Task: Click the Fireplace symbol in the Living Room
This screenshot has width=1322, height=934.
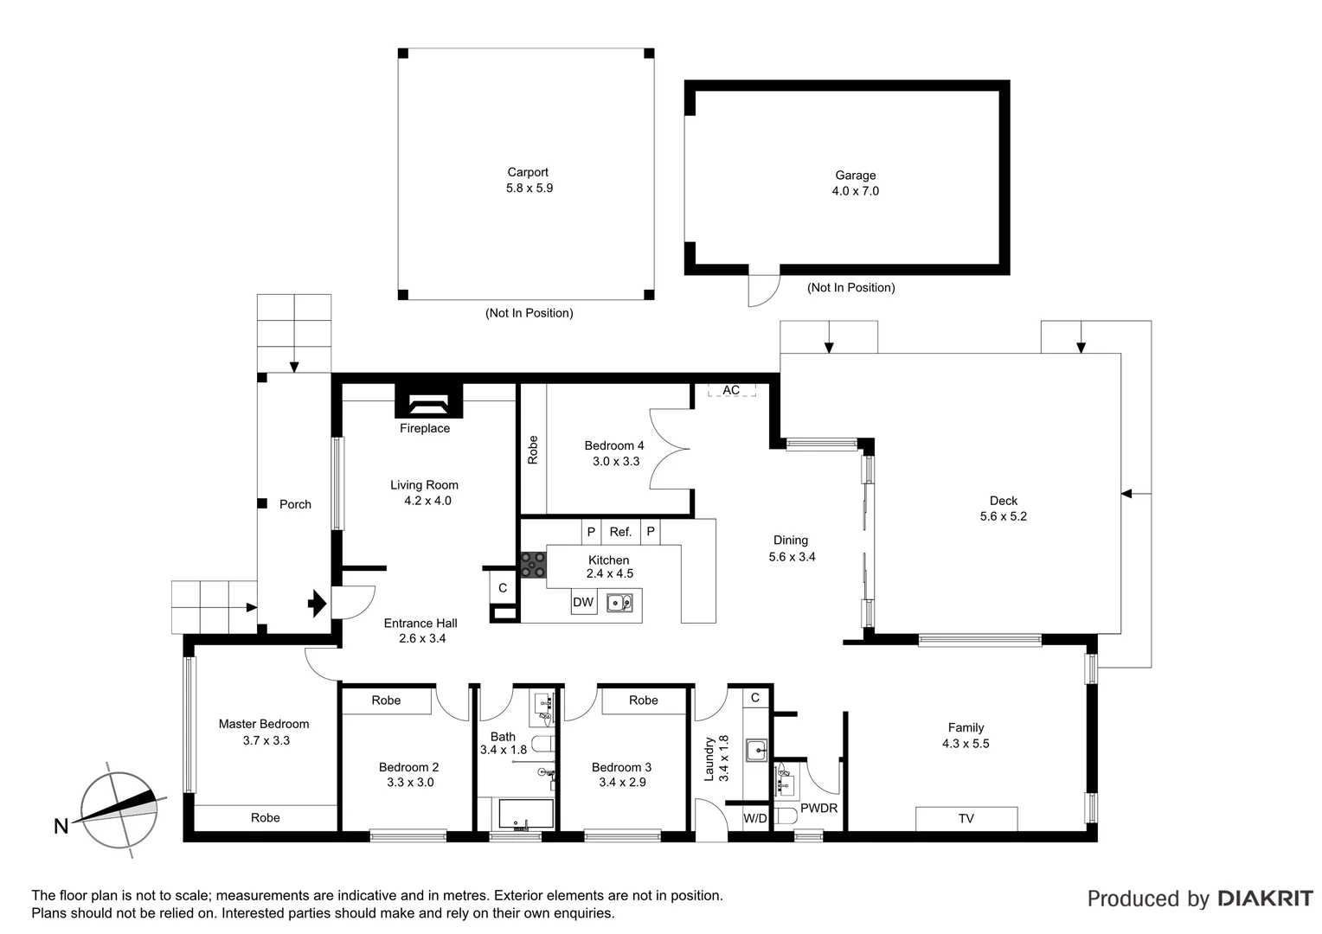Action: [x=428, y=403]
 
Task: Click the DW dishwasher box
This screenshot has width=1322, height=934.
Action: [x=584, y=602]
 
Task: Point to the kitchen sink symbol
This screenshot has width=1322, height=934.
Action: [x=619, y=602]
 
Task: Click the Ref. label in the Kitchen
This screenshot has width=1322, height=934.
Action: [x=620, y=532]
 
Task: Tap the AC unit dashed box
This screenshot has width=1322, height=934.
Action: [x=731, y=390]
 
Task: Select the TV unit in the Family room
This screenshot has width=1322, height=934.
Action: [x=966, y=818]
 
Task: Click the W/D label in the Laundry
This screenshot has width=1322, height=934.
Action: [x=755, y=818]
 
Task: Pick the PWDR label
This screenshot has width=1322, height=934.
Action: [x=818, y=809]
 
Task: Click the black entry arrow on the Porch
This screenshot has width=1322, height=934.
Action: [x=318, y=603]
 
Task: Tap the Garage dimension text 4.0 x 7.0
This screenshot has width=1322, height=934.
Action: [x=855, y=191]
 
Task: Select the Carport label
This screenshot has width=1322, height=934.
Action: [x=528, y=172]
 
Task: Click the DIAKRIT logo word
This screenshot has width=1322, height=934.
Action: [x=1265, y=899]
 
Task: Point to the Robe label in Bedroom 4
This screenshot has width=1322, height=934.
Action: [x=533, y=450]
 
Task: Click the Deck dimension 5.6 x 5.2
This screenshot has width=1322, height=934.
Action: [x=1003, y=516]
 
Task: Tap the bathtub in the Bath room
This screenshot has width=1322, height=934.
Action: [x=525, y=815]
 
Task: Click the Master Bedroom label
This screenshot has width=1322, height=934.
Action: [x=264, y=724]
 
